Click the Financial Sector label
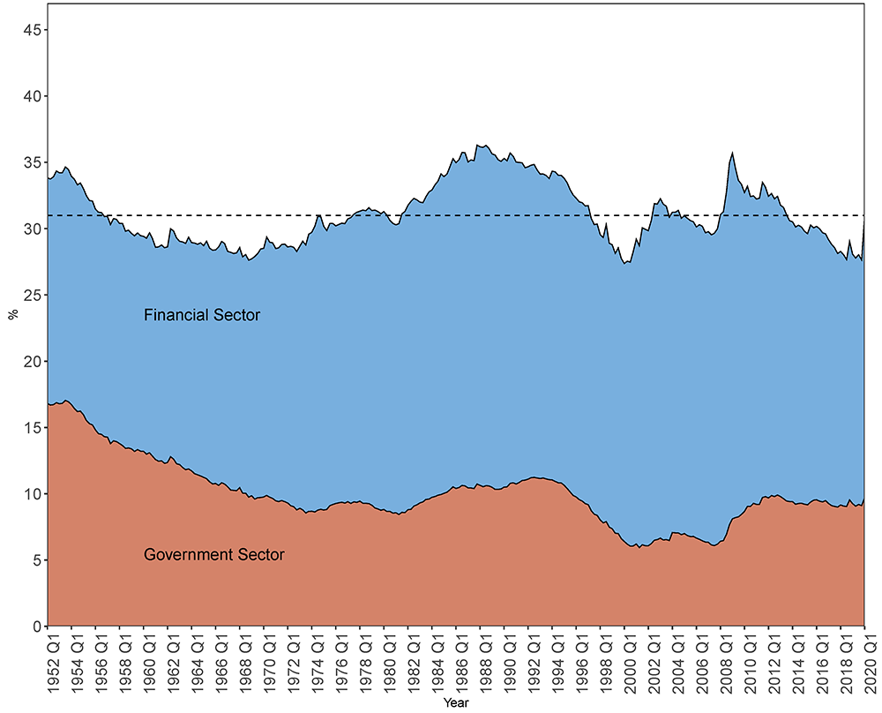pyautogui.click(x=202, y=315)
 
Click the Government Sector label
pyautogui.click(x=214, y=555)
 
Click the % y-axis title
pyautogui.click(x=12, y=315)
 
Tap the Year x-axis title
pyautogui.click(x=456, y=703)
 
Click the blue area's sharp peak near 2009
pyautogui.click(x=732, y=153)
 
